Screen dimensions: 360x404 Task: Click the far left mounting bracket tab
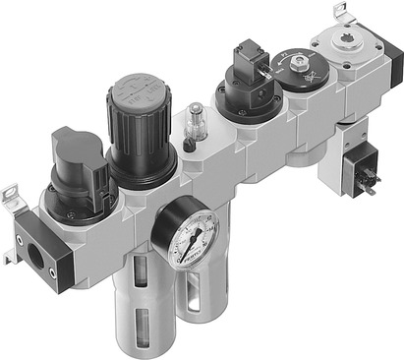click(x=13, y=197)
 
